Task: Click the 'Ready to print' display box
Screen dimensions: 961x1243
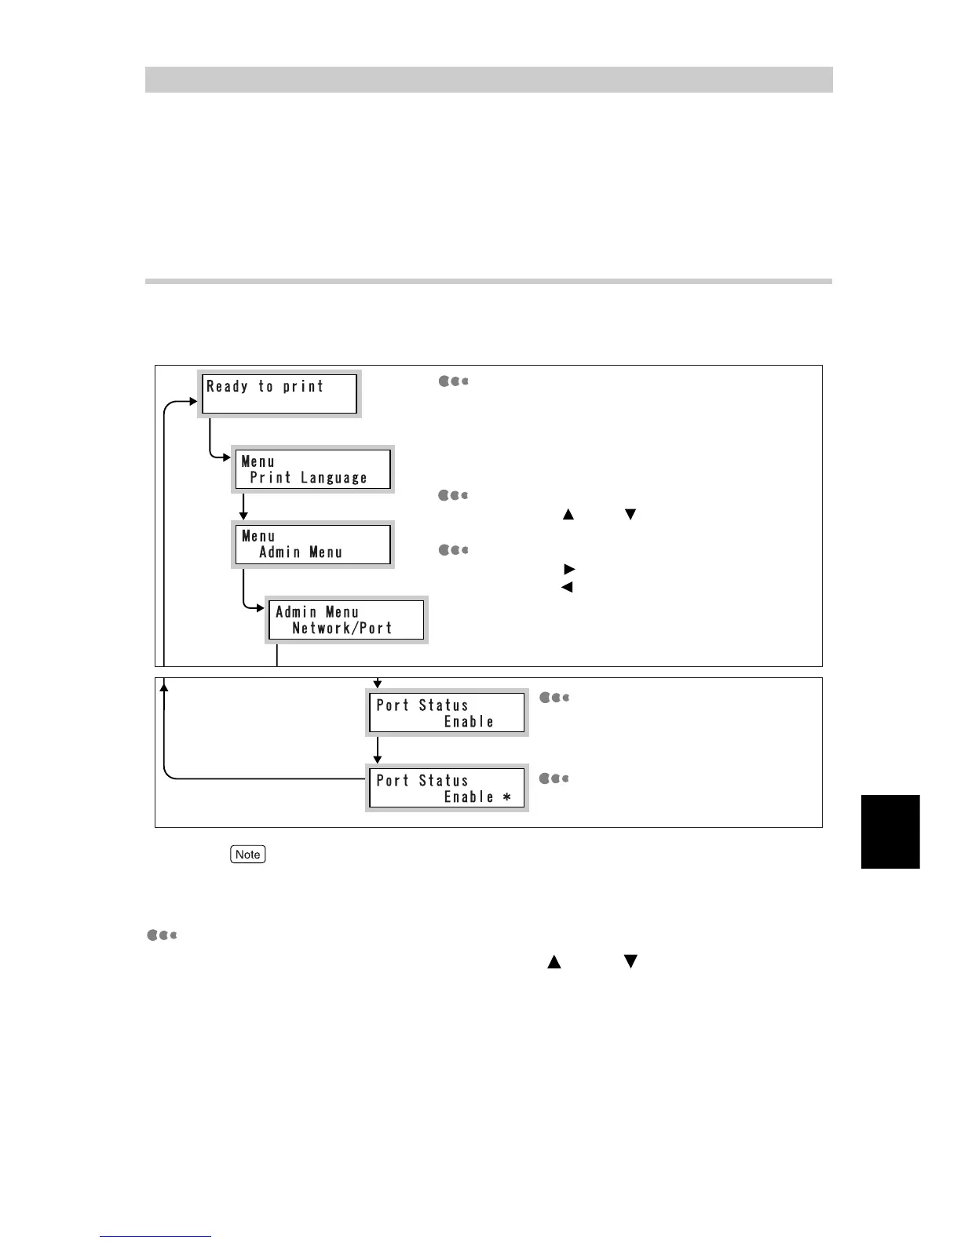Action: click(280, 393)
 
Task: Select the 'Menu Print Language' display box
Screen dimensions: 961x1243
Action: click(312, 469)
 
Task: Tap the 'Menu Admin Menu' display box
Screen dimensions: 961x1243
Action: click(312, 545)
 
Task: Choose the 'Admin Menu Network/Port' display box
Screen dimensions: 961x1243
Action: click(346, 620)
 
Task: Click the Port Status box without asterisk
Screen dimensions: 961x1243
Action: click(447, 713)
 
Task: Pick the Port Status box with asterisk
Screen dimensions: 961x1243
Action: click(447, 788)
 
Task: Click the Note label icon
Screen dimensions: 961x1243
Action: click(248, 855)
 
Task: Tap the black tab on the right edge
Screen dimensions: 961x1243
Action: click(890, 832)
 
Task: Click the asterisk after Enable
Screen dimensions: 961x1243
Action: click(507, 797)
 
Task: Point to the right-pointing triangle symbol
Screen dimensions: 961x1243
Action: click(569, 569)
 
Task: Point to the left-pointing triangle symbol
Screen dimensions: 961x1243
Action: click(567, 587)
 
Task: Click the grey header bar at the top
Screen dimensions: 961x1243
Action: click(488, 79)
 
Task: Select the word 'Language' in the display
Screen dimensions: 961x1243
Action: click(334, 478)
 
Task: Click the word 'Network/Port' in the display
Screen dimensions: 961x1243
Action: click(342, 629)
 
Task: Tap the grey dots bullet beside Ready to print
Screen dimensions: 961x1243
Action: click(453, 381)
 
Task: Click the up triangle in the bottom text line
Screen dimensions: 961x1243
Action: click(554, 961)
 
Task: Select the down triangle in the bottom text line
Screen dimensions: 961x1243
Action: click(630, 961)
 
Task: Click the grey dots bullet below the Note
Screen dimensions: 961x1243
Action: click(162, 935)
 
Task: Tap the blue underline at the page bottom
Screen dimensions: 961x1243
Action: click(155, 1236)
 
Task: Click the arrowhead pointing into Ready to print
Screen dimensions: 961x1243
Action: click(193, 401)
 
